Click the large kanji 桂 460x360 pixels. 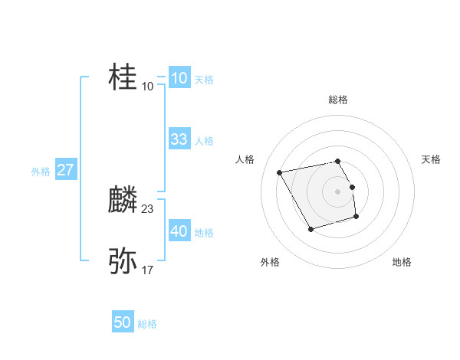[123, 77]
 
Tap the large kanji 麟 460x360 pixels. [123, 201]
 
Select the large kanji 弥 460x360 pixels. [123, 261]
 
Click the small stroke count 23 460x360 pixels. [148, 208]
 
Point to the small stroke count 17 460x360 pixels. [148, 270]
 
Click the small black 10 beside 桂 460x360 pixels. [148, 86]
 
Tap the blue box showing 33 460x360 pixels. [179, 139]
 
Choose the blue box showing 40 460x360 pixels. [179, 231]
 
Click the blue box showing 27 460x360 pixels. [65, 170]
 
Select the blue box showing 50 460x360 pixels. [123, 322]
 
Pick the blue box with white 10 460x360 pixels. [179, 78]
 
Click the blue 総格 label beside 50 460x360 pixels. [147, 324]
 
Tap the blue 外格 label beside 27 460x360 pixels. [41, 172]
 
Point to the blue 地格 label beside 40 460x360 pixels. [204, 233]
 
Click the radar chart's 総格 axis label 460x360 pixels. [337, 100]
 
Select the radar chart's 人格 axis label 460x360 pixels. [245, 159]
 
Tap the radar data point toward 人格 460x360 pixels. [280, 172]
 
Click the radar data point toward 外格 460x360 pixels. [310, 229]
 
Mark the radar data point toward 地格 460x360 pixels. [356, 218]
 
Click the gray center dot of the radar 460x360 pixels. [337, 191]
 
